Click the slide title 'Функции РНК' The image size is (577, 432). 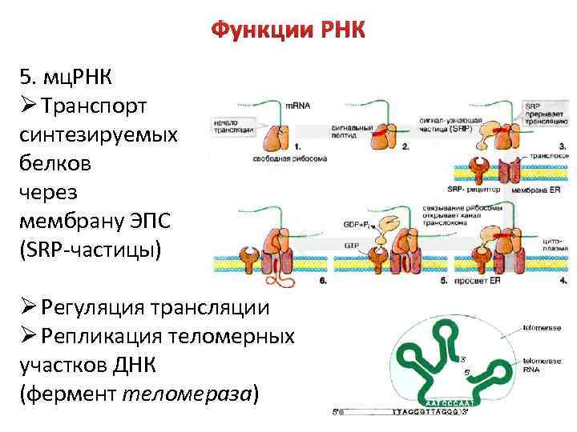[x=288, y=31]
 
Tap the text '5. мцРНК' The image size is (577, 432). [x=67, y=77]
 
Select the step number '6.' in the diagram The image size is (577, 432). [x=323, y=282]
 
